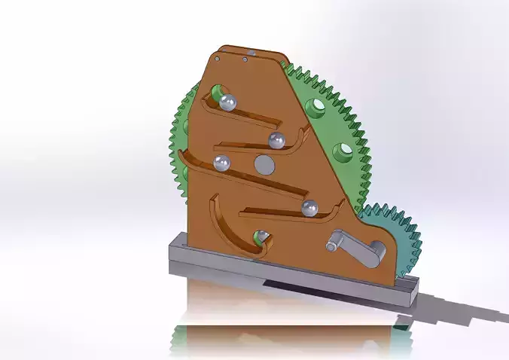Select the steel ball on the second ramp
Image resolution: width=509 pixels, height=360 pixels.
tap(276, 139)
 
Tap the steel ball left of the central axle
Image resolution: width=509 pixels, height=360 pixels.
tap(222, 163)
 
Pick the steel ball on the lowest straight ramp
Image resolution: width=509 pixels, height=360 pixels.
tap(309, 209)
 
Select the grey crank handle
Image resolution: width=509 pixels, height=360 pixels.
tap(354, 249)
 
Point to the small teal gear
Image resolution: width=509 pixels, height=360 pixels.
tap(395, 233)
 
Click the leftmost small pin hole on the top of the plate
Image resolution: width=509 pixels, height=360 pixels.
tap(218, 57)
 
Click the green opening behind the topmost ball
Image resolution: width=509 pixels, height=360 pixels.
tap(217, 93)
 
